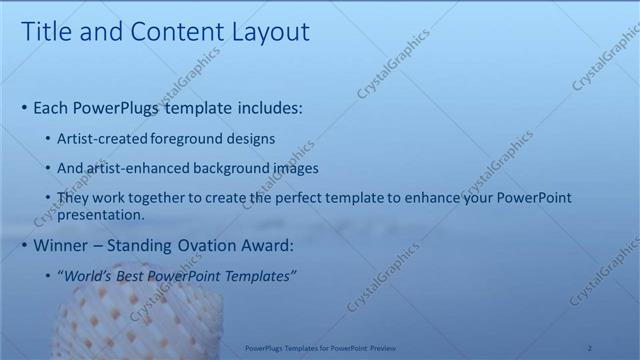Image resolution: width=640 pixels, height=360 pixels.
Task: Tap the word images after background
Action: pos(296,168)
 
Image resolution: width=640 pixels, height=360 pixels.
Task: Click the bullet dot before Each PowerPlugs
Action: pos(24,108)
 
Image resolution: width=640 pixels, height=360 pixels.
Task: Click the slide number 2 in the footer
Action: pos(589,347)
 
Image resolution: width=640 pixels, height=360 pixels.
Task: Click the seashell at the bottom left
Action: pos(130,320)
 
